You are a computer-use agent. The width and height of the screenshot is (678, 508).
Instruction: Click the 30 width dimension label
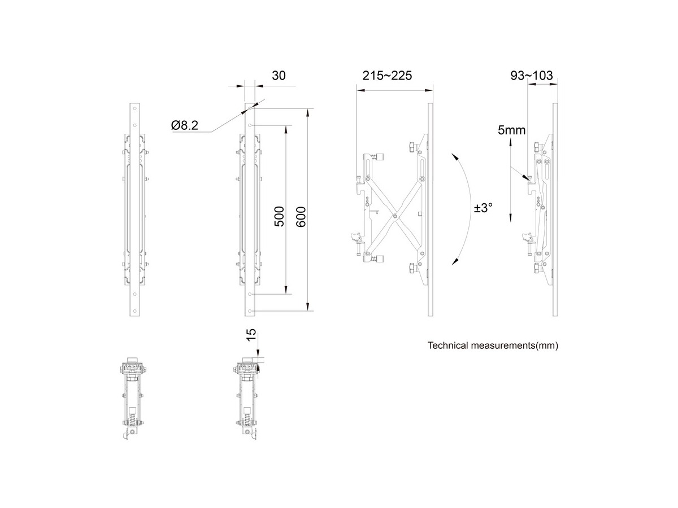point(279,76)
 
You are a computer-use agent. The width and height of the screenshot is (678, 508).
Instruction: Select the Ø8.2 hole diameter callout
point(184,125)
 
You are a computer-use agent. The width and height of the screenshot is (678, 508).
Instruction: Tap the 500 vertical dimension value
point(279,216)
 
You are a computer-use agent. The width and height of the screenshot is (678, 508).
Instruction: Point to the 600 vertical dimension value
point(301,216)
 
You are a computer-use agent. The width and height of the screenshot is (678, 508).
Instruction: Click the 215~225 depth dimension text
point(386,76)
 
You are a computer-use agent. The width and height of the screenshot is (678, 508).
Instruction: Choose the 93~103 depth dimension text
point(531,76)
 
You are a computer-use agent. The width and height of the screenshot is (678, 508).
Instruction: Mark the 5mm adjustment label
point(511,130)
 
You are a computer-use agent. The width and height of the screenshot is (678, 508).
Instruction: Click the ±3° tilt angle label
point(484,208)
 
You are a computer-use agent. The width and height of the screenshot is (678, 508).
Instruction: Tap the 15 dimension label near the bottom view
point(252,335)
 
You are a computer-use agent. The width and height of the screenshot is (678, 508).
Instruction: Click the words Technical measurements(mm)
point(493,345)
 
